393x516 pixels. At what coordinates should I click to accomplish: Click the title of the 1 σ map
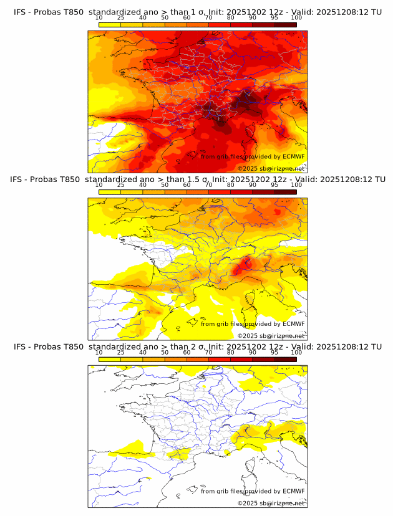click(x=197, y=12)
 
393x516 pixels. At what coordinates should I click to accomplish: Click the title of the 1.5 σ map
click(x=197, y=179)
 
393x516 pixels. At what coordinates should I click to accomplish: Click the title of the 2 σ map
click(x=197, y=346)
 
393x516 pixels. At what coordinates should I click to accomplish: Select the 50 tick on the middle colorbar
click(x=165, y=184)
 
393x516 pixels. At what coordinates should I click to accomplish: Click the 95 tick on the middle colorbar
click(x=274, y=184)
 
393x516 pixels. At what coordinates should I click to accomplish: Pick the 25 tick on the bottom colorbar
click(x=120, y=352)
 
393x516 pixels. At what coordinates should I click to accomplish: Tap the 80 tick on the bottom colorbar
click(x=231, y=352)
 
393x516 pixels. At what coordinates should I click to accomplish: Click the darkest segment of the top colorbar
click(x=285, y=25)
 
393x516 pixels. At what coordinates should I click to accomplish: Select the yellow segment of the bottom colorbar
click(x=110, y=360)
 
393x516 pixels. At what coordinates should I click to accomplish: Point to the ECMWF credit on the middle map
click(x=253, y=323)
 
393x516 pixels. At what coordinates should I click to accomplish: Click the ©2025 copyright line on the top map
click(x=271, y=168)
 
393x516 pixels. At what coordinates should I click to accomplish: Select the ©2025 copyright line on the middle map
click(x=271, y=335)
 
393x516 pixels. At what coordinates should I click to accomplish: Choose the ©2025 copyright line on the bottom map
click(x=271, y=503)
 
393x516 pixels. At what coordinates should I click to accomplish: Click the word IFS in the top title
click(x=20, y=12)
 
